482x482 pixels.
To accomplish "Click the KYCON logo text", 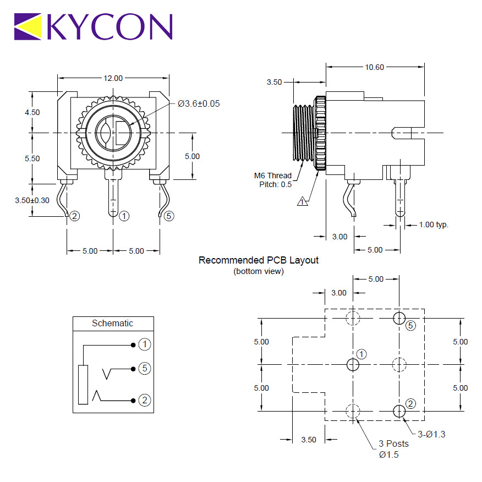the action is (109, 26).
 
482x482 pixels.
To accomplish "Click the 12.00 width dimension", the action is (113, 78).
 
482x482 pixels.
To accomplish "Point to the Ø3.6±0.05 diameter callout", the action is (199, 103).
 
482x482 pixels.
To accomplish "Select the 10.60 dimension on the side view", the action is (374, 67).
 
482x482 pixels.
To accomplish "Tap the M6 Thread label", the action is (273, 176).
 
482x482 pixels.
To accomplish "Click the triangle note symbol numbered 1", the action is (303, 201).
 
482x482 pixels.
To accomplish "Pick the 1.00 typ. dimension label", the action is (434, 224).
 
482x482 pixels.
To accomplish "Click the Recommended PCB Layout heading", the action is (259, 260).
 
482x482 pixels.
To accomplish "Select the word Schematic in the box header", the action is (112, 324).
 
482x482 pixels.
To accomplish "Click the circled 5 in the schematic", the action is (145, 368).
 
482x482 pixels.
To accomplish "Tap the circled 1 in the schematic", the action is (145, 344).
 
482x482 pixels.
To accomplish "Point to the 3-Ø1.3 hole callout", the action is (431, 434).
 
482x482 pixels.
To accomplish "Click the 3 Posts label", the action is (393, 444).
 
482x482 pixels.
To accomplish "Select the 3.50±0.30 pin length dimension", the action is (32, 200).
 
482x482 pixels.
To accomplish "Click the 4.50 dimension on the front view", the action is (32, 112).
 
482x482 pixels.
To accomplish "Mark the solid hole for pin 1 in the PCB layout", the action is (353, 365).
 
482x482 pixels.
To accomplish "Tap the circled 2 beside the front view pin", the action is (75, 216).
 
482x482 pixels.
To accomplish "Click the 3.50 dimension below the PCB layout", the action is (309, 440).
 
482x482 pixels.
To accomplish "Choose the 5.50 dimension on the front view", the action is (32, 158).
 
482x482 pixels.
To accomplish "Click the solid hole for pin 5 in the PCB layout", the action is (399, 318).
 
